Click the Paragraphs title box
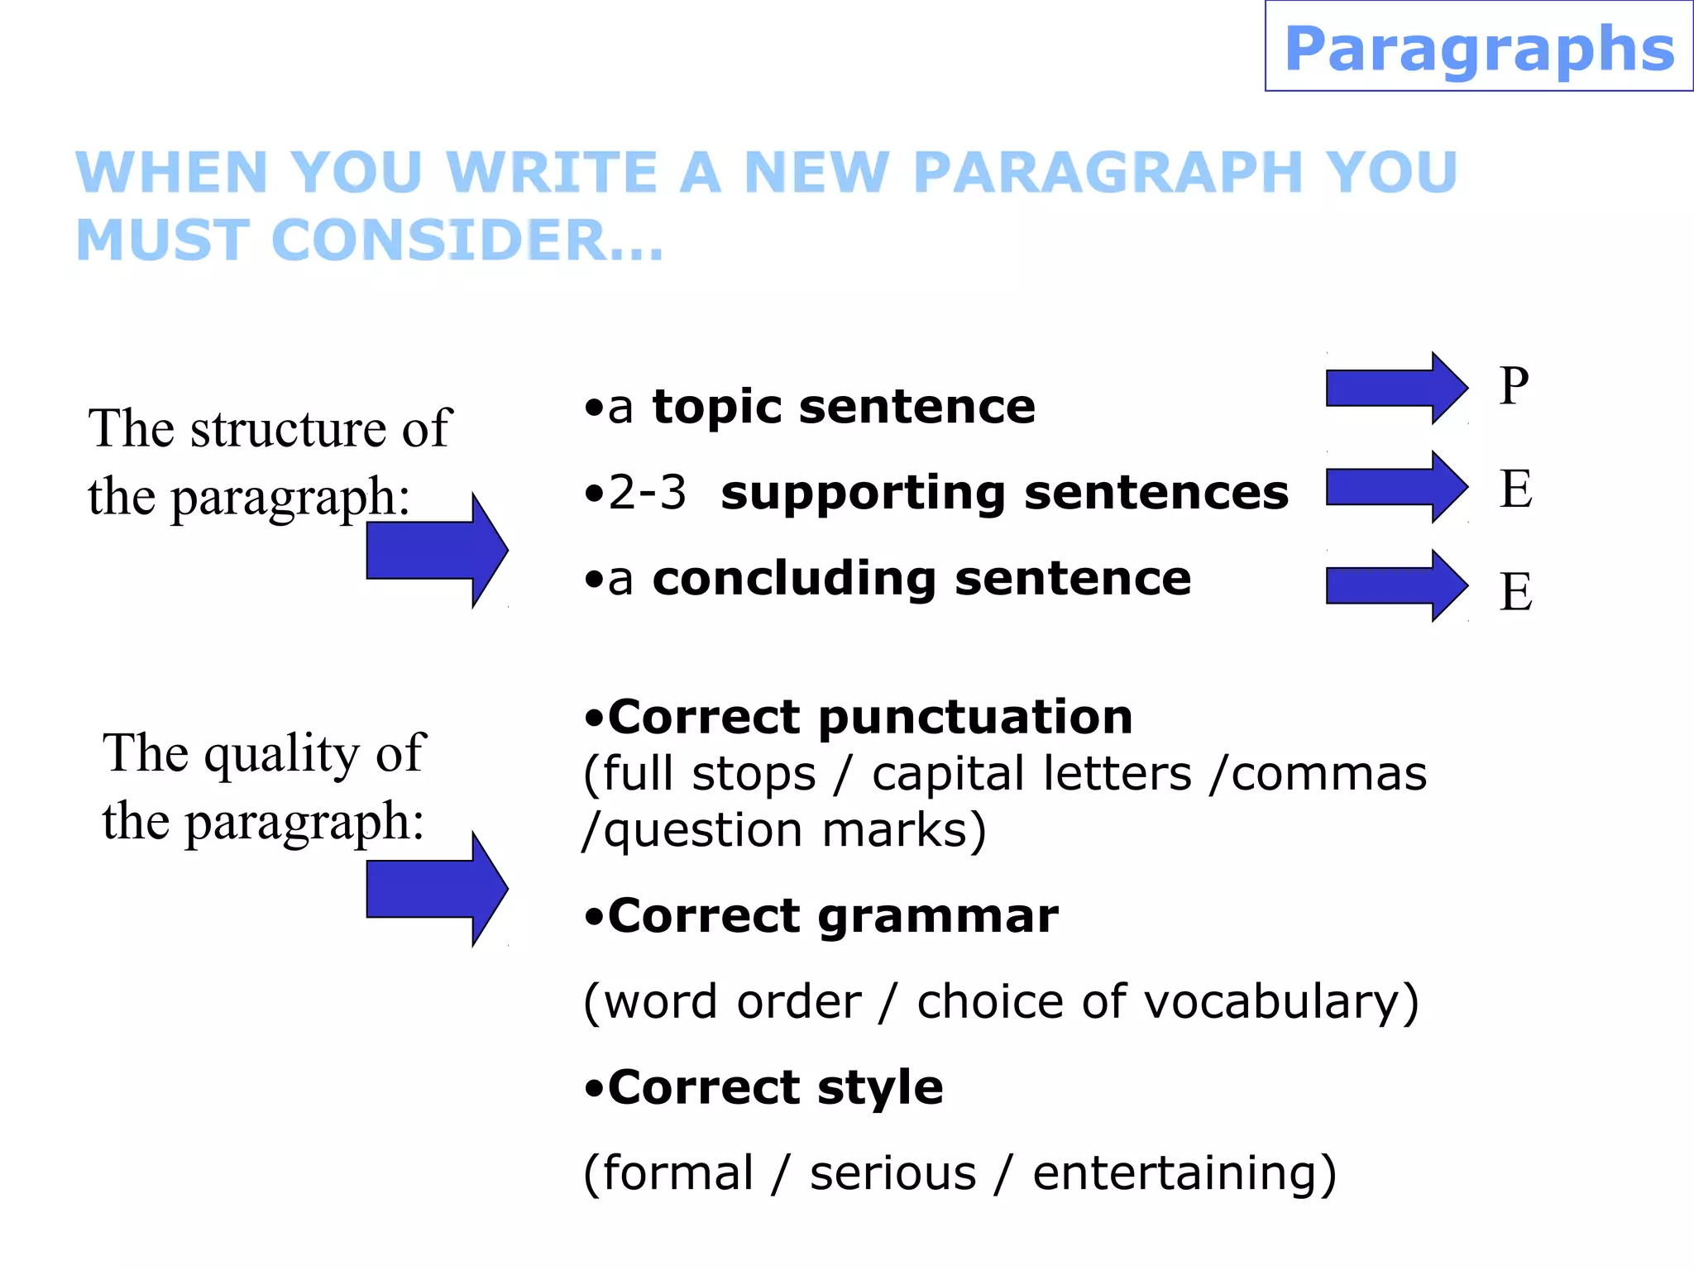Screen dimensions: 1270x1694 1479,47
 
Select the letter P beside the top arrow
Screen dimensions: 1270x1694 1514,387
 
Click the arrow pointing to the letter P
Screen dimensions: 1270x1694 1395,388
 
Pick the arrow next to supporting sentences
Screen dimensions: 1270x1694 1395,486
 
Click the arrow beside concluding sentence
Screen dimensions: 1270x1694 1395,585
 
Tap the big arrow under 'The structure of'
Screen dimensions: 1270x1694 437,551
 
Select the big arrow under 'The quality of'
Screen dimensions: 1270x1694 437,889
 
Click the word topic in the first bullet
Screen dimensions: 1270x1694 716,407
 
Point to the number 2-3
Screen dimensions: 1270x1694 647,493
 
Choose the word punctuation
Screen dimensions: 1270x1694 975,717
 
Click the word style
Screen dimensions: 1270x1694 879,1087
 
